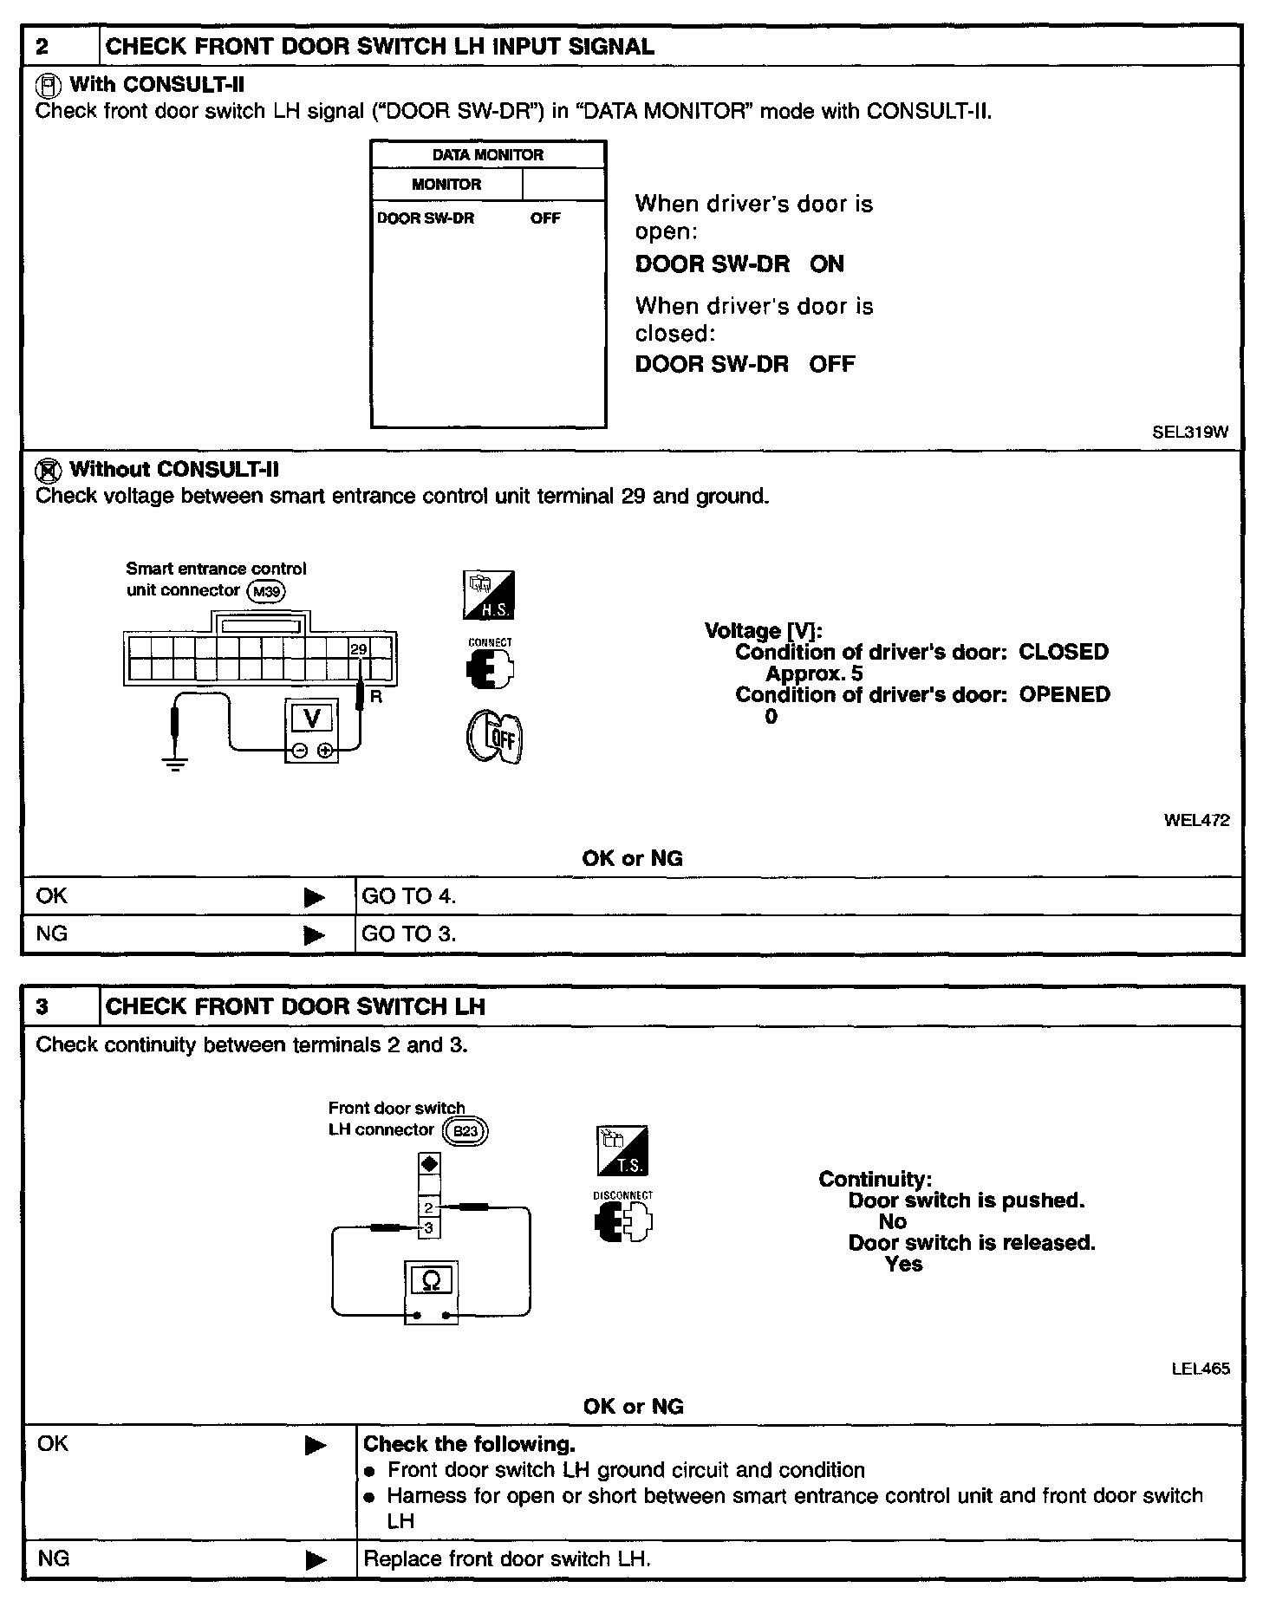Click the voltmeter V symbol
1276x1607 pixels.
coord(312,719)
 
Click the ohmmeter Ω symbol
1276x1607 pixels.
coord(430,1281)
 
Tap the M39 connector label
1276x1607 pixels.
coord(266,591)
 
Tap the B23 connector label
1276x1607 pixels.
coord(465,1131)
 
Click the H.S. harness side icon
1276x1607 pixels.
coord(489,595)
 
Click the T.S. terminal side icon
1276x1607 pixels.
coord(622,1151)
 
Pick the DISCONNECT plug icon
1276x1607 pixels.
coord(622,1222)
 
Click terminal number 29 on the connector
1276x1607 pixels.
coord(358,649)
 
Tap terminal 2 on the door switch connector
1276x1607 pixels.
coord(428,1207)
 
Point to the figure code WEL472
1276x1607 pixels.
coord(1196,820)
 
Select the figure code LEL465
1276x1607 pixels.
coord(1200,1370)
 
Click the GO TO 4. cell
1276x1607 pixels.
coord(408,896)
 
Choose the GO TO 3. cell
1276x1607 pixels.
coord(408,934)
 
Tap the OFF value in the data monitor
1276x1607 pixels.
coord(545,218)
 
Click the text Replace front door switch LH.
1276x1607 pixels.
coord(507,1559)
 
